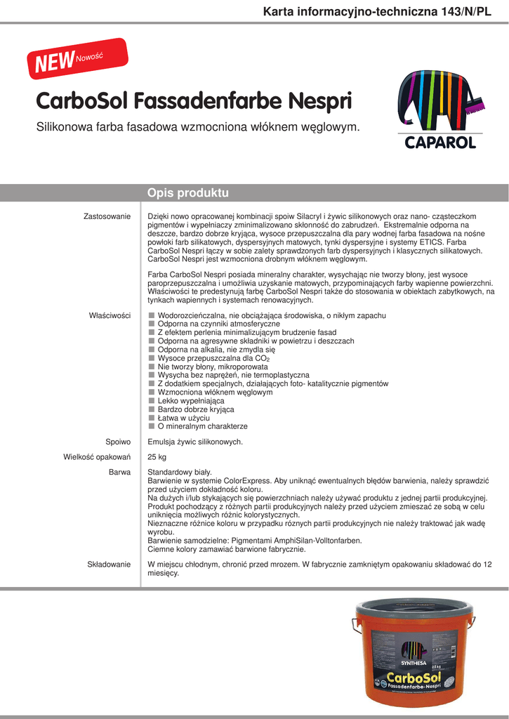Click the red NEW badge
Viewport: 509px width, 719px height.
77,58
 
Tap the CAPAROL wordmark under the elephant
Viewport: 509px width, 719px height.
440,143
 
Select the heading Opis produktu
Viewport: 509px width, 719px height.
188,193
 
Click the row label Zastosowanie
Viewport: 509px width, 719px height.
107,216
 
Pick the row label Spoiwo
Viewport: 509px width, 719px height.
118,442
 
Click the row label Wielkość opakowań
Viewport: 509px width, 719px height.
97,458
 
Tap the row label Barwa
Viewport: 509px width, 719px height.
119,473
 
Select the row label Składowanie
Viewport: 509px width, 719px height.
109,565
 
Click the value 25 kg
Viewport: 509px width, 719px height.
157,458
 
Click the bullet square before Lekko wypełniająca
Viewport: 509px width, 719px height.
151,401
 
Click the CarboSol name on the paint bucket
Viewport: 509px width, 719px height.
414,677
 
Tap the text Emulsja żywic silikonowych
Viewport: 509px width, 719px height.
195,442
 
